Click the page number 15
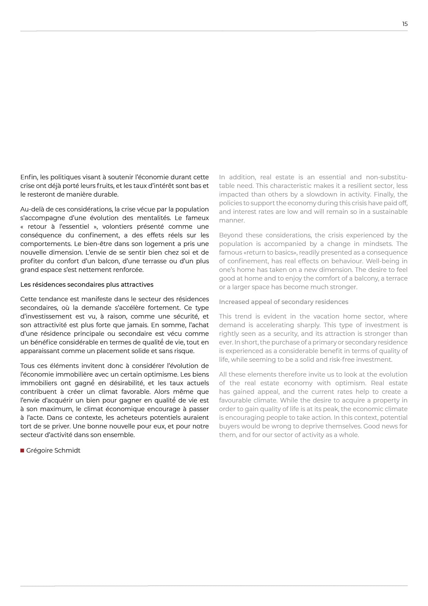(405, 24)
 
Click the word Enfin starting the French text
(29, 177)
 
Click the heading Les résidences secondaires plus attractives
(87, 285)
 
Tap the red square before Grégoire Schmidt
(22, 451)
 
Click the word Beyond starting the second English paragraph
(230, 235)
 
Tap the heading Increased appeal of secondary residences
(283, 302)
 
